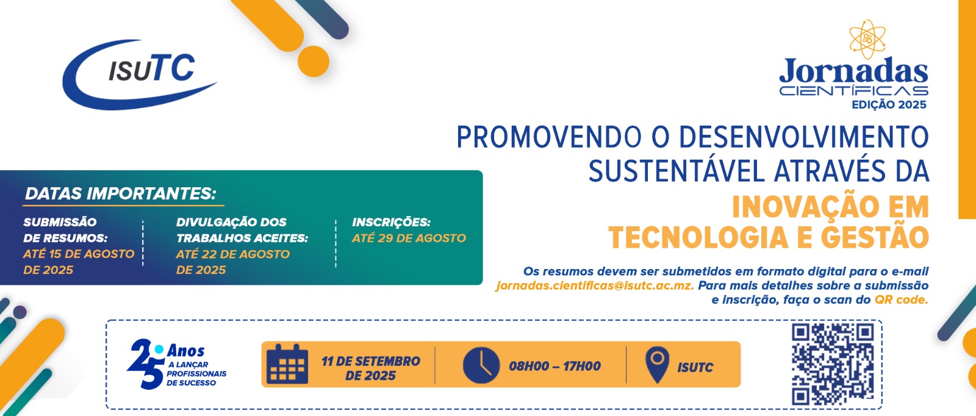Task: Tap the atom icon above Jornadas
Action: (x=867, y=39)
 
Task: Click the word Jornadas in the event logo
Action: (x=853, y=71)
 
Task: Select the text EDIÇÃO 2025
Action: (x=889, y=104)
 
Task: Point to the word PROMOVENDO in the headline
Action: (x=549, y=137)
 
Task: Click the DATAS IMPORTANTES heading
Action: (x=121, y=193)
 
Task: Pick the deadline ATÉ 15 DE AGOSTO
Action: (x=79, y=254)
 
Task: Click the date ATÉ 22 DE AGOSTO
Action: (x=232, y=254)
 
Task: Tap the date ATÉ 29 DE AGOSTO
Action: (x=409, y=238)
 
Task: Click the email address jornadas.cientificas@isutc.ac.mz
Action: (x=594, y=285)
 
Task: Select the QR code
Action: (x=833, y=365)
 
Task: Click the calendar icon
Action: (x=287, y=364)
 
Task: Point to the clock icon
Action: (x=481, y=365)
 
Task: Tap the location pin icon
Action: (x=657, y=364)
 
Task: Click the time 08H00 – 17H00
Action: (x=554, y=366)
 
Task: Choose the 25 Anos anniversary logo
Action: (x=176, y=364)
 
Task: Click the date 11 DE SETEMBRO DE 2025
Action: (x=371, y=368)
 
